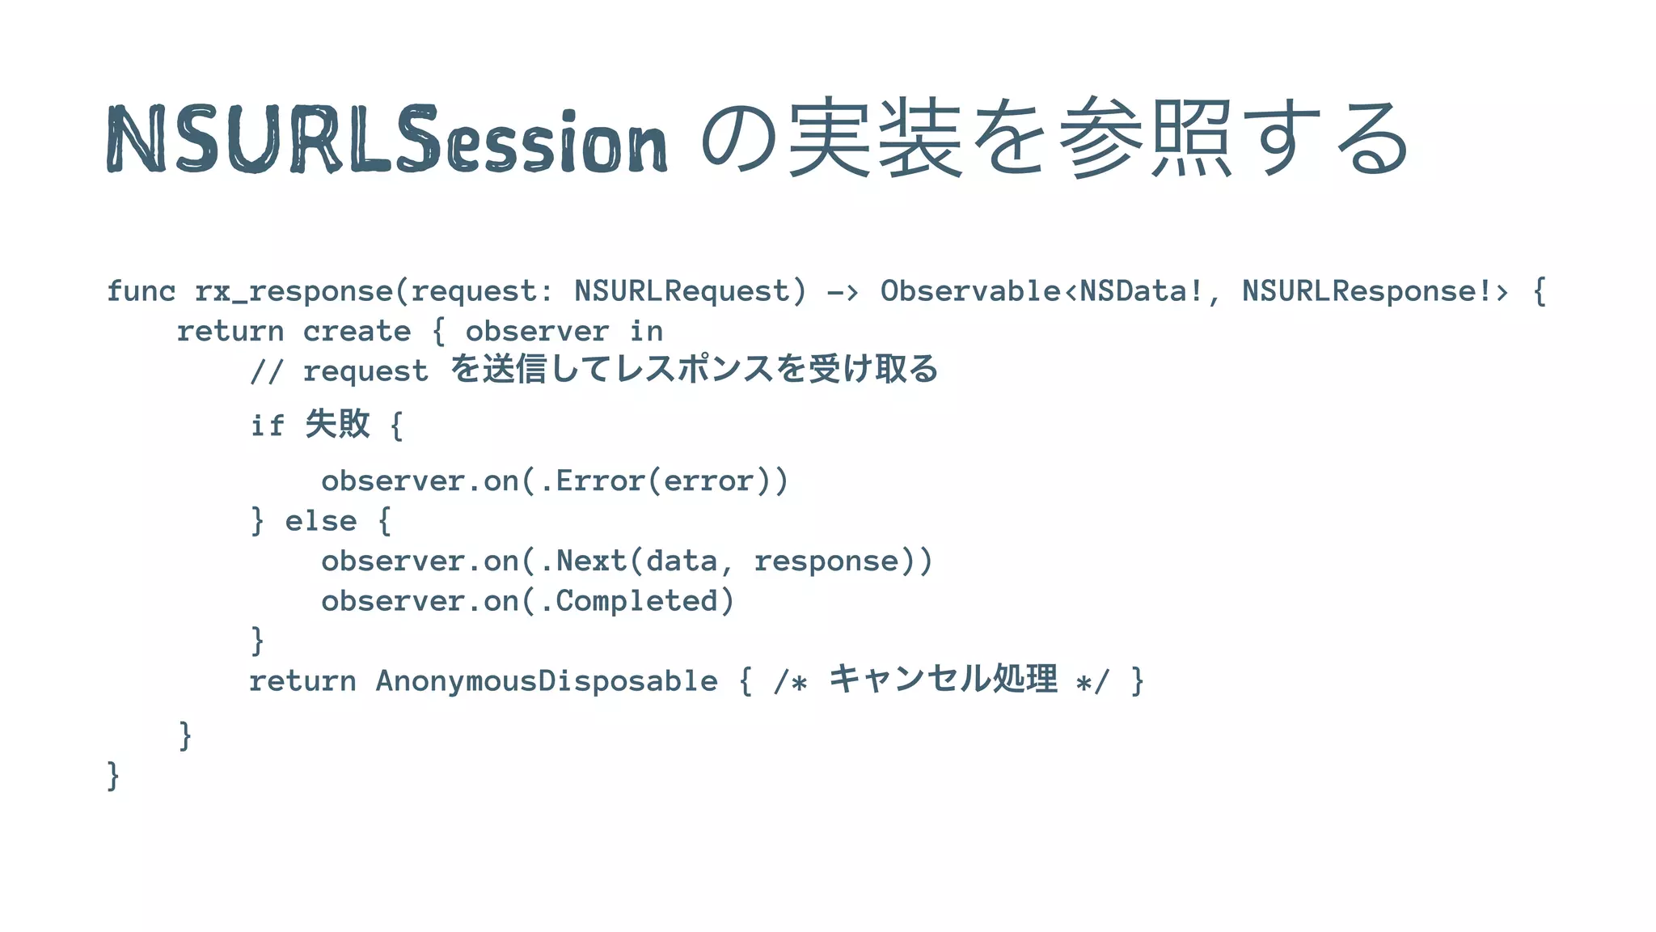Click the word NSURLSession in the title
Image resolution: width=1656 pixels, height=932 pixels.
(387, 139)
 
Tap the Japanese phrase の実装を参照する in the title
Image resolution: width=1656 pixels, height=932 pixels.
(1055, 138)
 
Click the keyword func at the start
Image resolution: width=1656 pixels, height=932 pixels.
(141, 290)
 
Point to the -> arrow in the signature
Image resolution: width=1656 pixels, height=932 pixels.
(842, 291)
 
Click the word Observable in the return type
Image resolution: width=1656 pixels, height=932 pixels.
(970, 290)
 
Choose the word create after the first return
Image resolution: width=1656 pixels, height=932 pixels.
(357, 331)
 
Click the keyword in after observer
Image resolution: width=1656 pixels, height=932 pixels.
(646, 331)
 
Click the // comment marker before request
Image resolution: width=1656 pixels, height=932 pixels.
(266, 371)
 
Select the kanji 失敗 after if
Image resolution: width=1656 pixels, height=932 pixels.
(338, 424)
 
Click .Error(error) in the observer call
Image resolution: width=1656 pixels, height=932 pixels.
(663, 481)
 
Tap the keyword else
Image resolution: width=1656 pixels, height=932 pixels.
(320, 521)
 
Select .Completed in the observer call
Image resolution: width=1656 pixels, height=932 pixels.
(629, 601)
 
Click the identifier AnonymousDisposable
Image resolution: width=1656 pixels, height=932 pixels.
(547, 681)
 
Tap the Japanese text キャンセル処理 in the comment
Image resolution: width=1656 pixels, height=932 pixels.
(943, 679)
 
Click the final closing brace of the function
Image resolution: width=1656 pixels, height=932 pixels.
(113, 776)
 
